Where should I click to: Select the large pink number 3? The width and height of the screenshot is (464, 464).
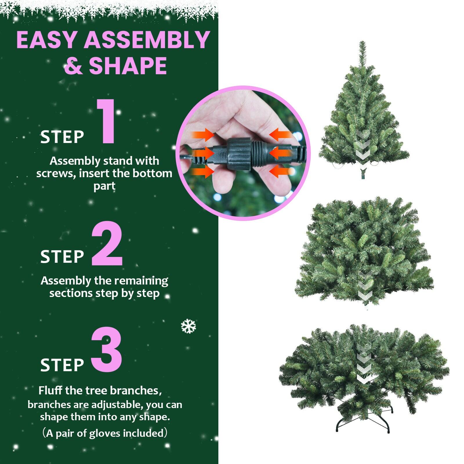click(106, 350)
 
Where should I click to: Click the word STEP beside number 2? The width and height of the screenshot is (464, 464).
click(62, 257)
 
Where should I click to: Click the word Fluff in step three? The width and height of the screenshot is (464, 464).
click(50, 390)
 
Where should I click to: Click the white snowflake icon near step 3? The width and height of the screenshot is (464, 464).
click(188, 326)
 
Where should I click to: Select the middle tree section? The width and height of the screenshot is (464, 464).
click(364, 252)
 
